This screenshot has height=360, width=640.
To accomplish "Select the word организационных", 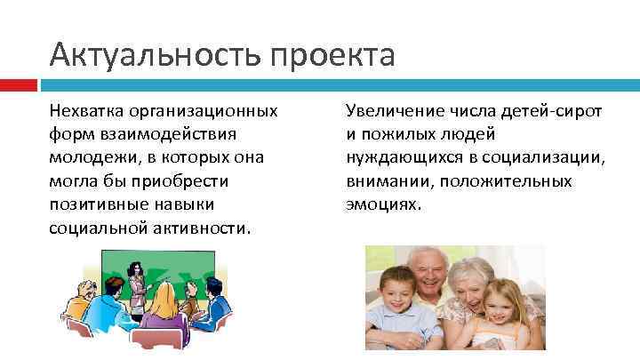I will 203,112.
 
